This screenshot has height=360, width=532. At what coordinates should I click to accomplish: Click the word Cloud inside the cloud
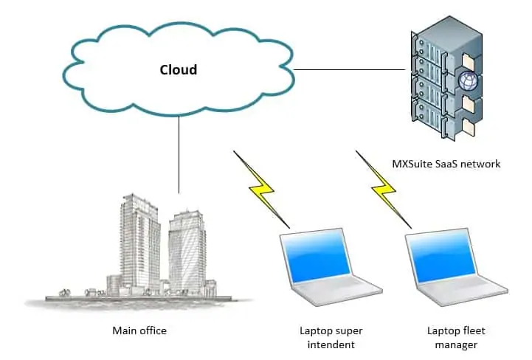tap(179, 70)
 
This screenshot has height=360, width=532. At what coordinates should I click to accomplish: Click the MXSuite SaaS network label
tap(446, 164)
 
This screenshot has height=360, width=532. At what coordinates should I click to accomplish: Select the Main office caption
tap(139, 330)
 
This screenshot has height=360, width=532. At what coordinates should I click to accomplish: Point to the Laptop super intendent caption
tap(331, 337)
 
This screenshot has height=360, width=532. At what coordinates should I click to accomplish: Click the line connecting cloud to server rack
tap(350, 71)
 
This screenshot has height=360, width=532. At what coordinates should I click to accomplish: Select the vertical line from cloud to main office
tap(179, 155)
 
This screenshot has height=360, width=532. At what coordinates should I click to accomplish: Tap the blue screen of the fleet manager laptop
tap(446, 259)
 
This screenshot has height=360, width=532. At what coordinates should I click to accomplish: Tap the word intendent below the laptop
tap(331, 345)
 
